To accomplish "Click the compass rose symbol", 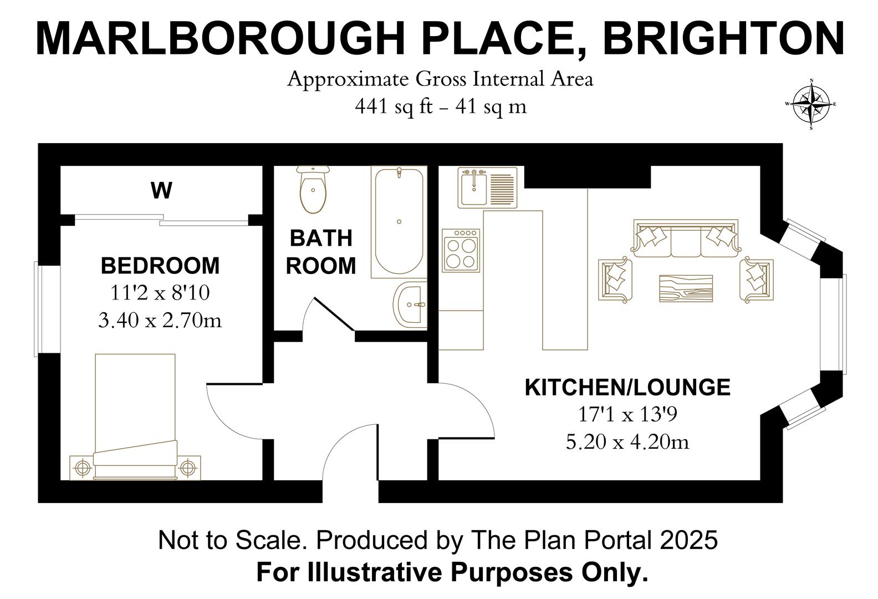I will pyautogui.click(x=811, y=104).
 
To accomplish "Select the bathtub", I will pyautogui.click(x=399, y=222).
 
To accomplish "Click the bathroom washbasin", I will pyautogui.click(x=411, y=304).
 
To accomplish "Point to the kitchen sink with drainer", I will pyautogui.click(x=487, y=187).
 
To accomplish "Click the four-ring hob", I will pyautogui.click(x=461, y=251).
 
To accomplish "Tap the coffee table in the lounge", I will pyautogui.click(x=686, y=288).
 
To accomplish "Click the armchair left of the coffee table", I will pyautogui.click(x=615, y=279).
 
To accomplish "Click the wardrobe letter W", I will pyautogui.click(x=161, y=191).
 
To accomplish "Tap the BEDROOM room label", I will pyautogui.click(x=160, y=266).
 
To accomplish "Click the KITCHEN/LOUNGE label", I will pyautogui.click(x=627, y=387).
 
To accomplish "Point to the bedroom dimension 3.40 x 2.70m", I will pyautogui.click(x=160, y=321).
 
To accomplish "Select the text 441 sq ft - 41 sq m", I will pyautogui.click(x=441, y=106).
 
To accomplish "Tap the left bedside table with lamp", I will pyautogui.click(x=81, y=468).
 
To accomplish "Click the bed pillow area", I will pyautogui.click(x=136, y=453).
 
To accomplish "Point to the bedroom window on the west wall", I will pyautogui.click(x=37, y=309).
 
